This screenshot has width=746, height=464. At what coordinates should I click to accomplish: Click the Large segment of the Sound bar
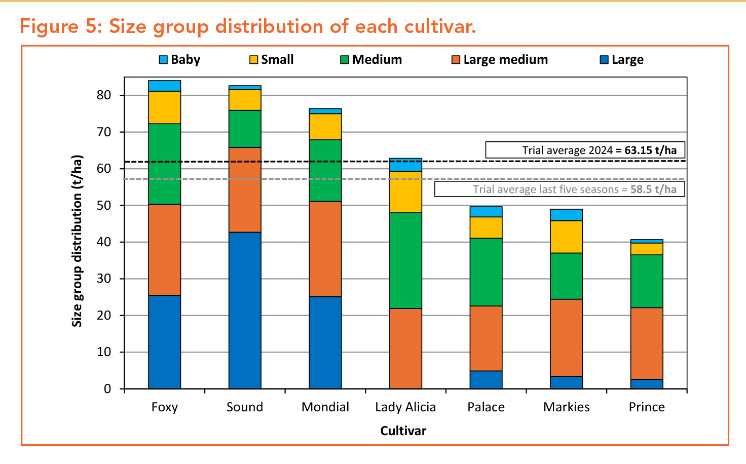coord(245,310)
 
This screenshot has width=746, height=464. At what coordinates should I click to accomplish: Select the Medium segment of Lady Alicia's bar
coord(405,260)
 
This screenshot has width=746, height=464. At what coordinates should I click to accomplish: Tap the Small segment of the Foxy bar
coord(164,107)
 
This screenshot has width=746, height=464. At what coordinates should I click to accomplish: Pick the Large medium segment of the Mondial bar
coord(325,249)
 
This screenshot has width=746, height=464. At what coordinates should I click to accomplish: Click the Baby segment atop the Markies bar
coord(566,215)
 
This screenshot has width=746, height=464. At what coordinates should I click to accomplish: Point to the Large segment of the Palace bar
coord(486,379)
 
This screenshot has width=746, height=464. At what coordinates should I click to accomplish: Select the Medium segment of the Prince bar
coord(647,281)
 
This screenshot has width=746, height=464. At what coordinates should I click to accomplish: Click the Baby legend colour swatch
coord(163,60)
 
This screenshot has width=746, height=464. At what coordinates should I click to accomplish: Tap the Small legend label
coord(277,60)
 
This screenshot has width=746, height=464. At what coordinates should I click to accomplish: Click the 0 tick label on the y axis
coord(107,389)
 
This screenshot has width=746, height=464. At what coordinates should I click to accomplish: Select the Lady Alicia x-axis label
coord(405,407)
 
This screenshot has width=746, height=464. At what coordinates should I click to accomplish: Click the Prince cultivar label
coord(647,407)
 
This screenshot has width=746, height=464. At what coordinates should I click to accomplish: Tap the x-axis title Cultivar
coord(403,431)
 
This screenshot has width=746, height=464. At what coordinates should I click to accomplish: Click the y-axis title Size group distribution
coord(77,241)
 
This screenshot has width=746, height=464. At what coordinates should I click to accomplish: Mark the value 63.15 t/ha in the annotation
coord(650,150)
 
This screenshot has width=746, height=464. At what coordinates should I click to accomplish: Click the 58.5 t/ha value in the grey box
coord(653,189)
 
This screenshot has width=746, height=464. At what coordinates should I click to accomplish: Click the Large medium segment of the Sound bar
coord(245,189)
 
